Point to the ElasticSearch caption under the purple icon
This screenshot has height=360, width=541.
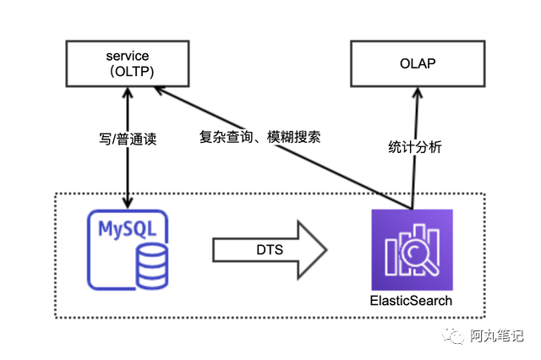tap(412, 301)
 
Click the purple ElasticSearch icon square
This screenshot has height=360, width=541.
tap(412, 249)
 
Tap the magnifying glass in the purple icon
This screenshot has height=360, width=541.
tap(418, 254)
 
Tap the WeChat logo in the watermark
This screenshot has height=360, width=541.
tap(457, 335)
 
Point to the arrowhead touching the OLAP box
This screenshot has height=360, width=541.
tap(415, 90)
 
